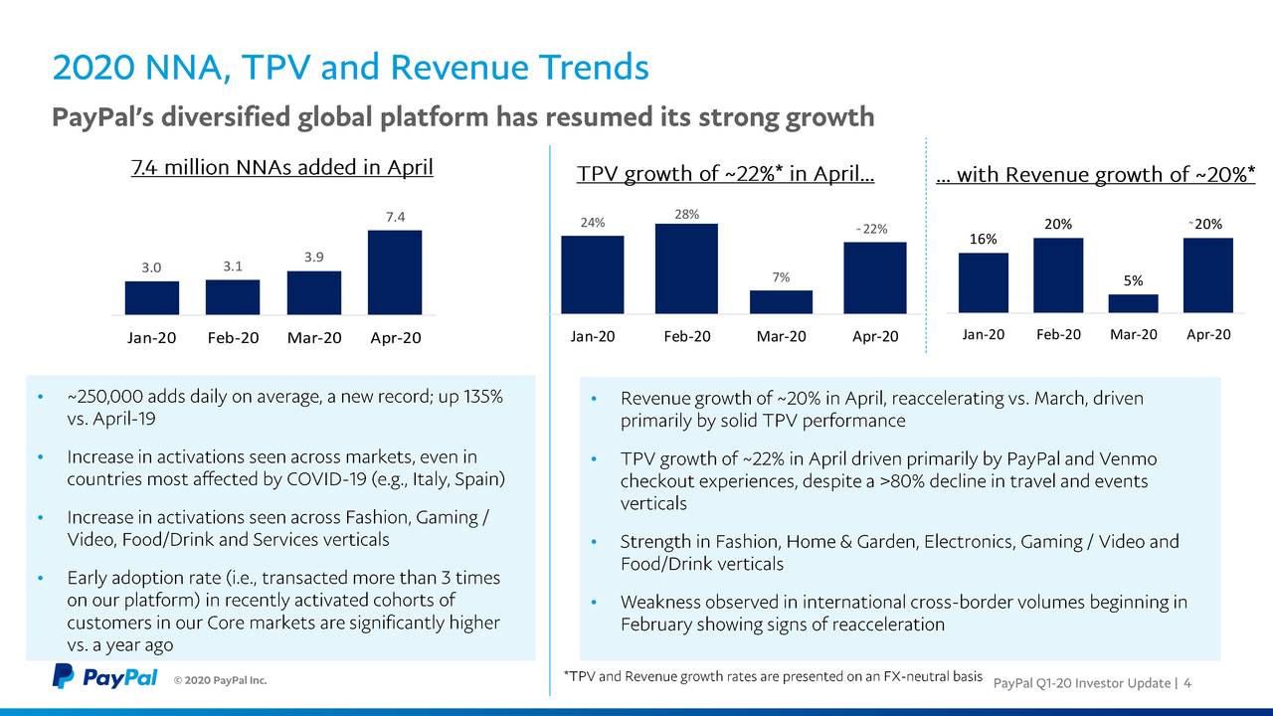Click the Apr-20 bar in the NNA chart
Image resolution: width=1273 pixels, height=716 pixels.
click(x=395, y=272)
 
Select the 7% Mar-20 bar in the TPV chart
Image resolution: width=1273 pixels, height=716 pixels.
click(x=781, y=302)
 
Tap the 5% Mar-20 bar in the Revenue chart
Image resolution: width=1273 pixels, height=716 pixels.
click(x=1133, y=303)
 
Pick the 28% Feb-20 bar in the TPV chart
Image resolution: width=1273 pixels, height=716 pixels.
click(x=686, y=268)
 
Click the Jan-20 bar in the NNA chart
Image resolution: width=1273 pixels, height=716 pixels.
click(x=152, y=297)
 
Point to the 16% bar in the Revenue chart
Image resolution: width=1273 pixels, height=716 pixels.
click(x=983, y=282)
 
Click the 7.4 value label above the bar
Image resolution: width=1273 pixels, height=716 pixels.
click(x=395, y=216)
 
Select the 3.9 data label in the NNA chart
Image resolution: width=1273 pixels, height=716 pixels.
click(x=314, y=257)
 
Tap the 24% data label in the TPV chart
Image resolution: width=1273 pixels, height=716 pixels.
click(x=593, y=222)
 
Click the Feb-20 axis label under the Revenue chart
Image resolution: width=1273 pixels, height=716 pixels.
click(x=1058, y=334)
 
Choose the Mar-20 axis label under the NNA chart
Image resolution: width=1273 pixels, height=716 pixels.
click(x=314, y=338)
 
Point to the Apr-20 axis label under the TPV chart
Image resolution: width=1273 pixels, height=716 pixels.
click(x=875, y=337)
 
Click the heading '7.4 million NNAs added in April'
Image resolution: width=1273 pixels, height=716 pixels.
click(x=282, y=167)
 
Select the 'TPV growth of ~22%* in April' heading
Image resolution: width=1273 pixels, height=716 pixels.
click(x=726, y=175)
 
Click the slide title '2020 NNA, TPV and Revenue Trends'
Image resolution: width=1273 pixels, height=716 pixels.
click(x=350, y=68)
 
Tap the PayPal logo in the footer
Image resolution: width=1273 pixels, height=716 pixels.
click(x=104, y=677)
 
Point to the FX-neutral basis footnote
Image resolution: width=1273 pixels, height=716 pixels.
click(x=772, y=677)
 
